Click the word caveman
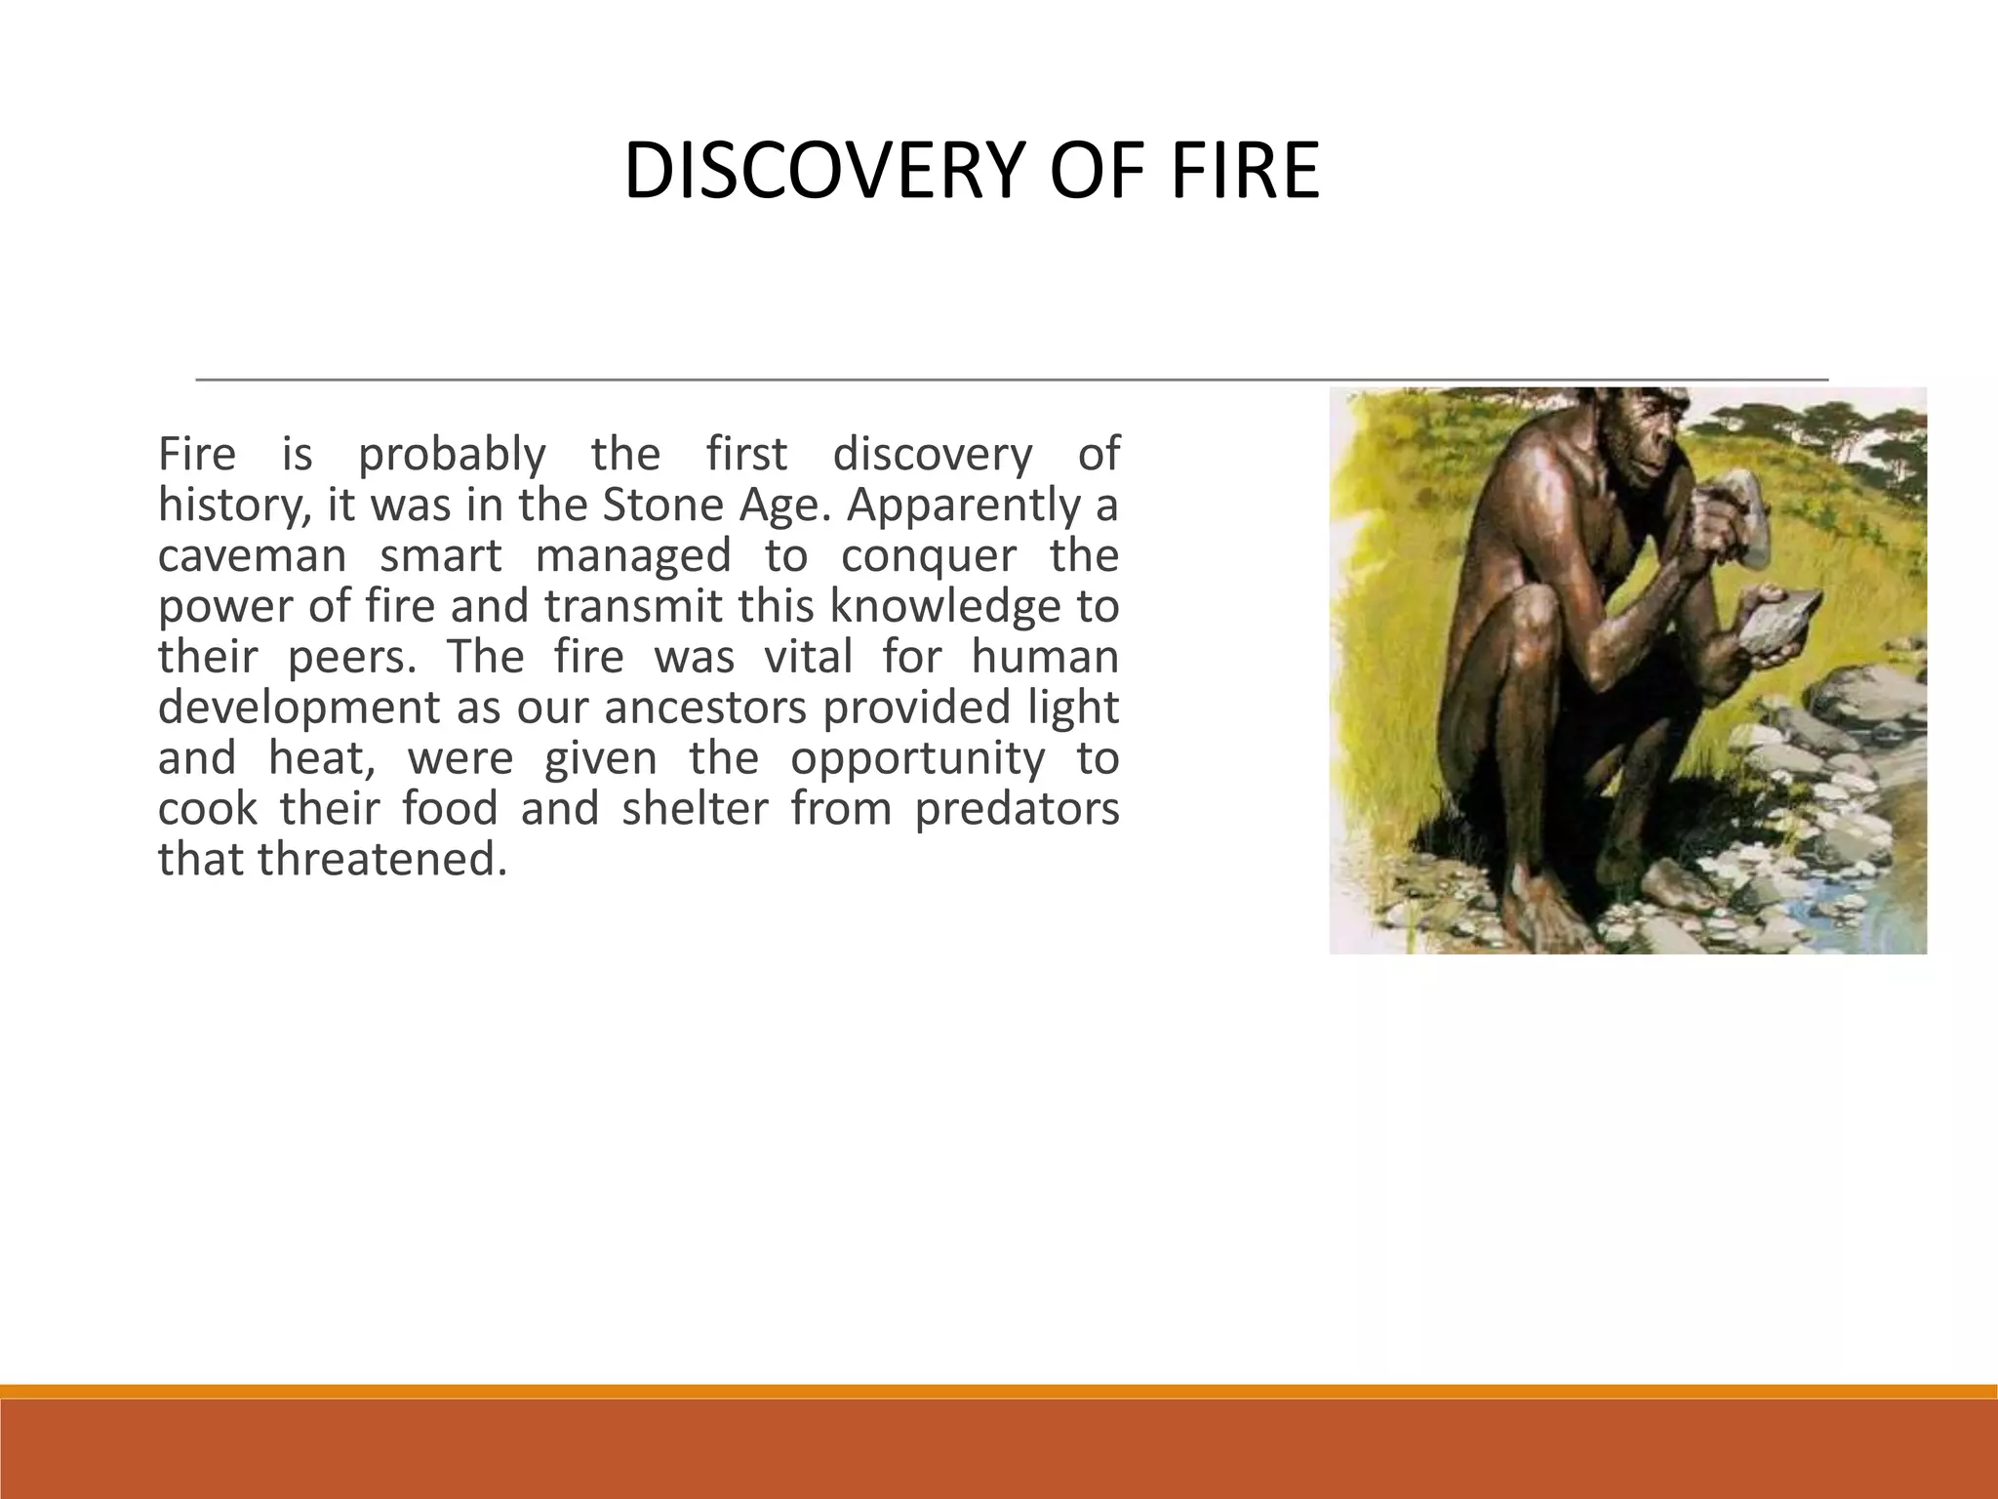[x=253, y=556]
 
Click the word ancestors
[x=704, y=708]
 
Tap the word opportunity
[x=916, y=758]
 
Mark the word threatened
[x=381, y=860]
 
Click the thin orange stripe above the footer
[x=999, y=1391]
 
